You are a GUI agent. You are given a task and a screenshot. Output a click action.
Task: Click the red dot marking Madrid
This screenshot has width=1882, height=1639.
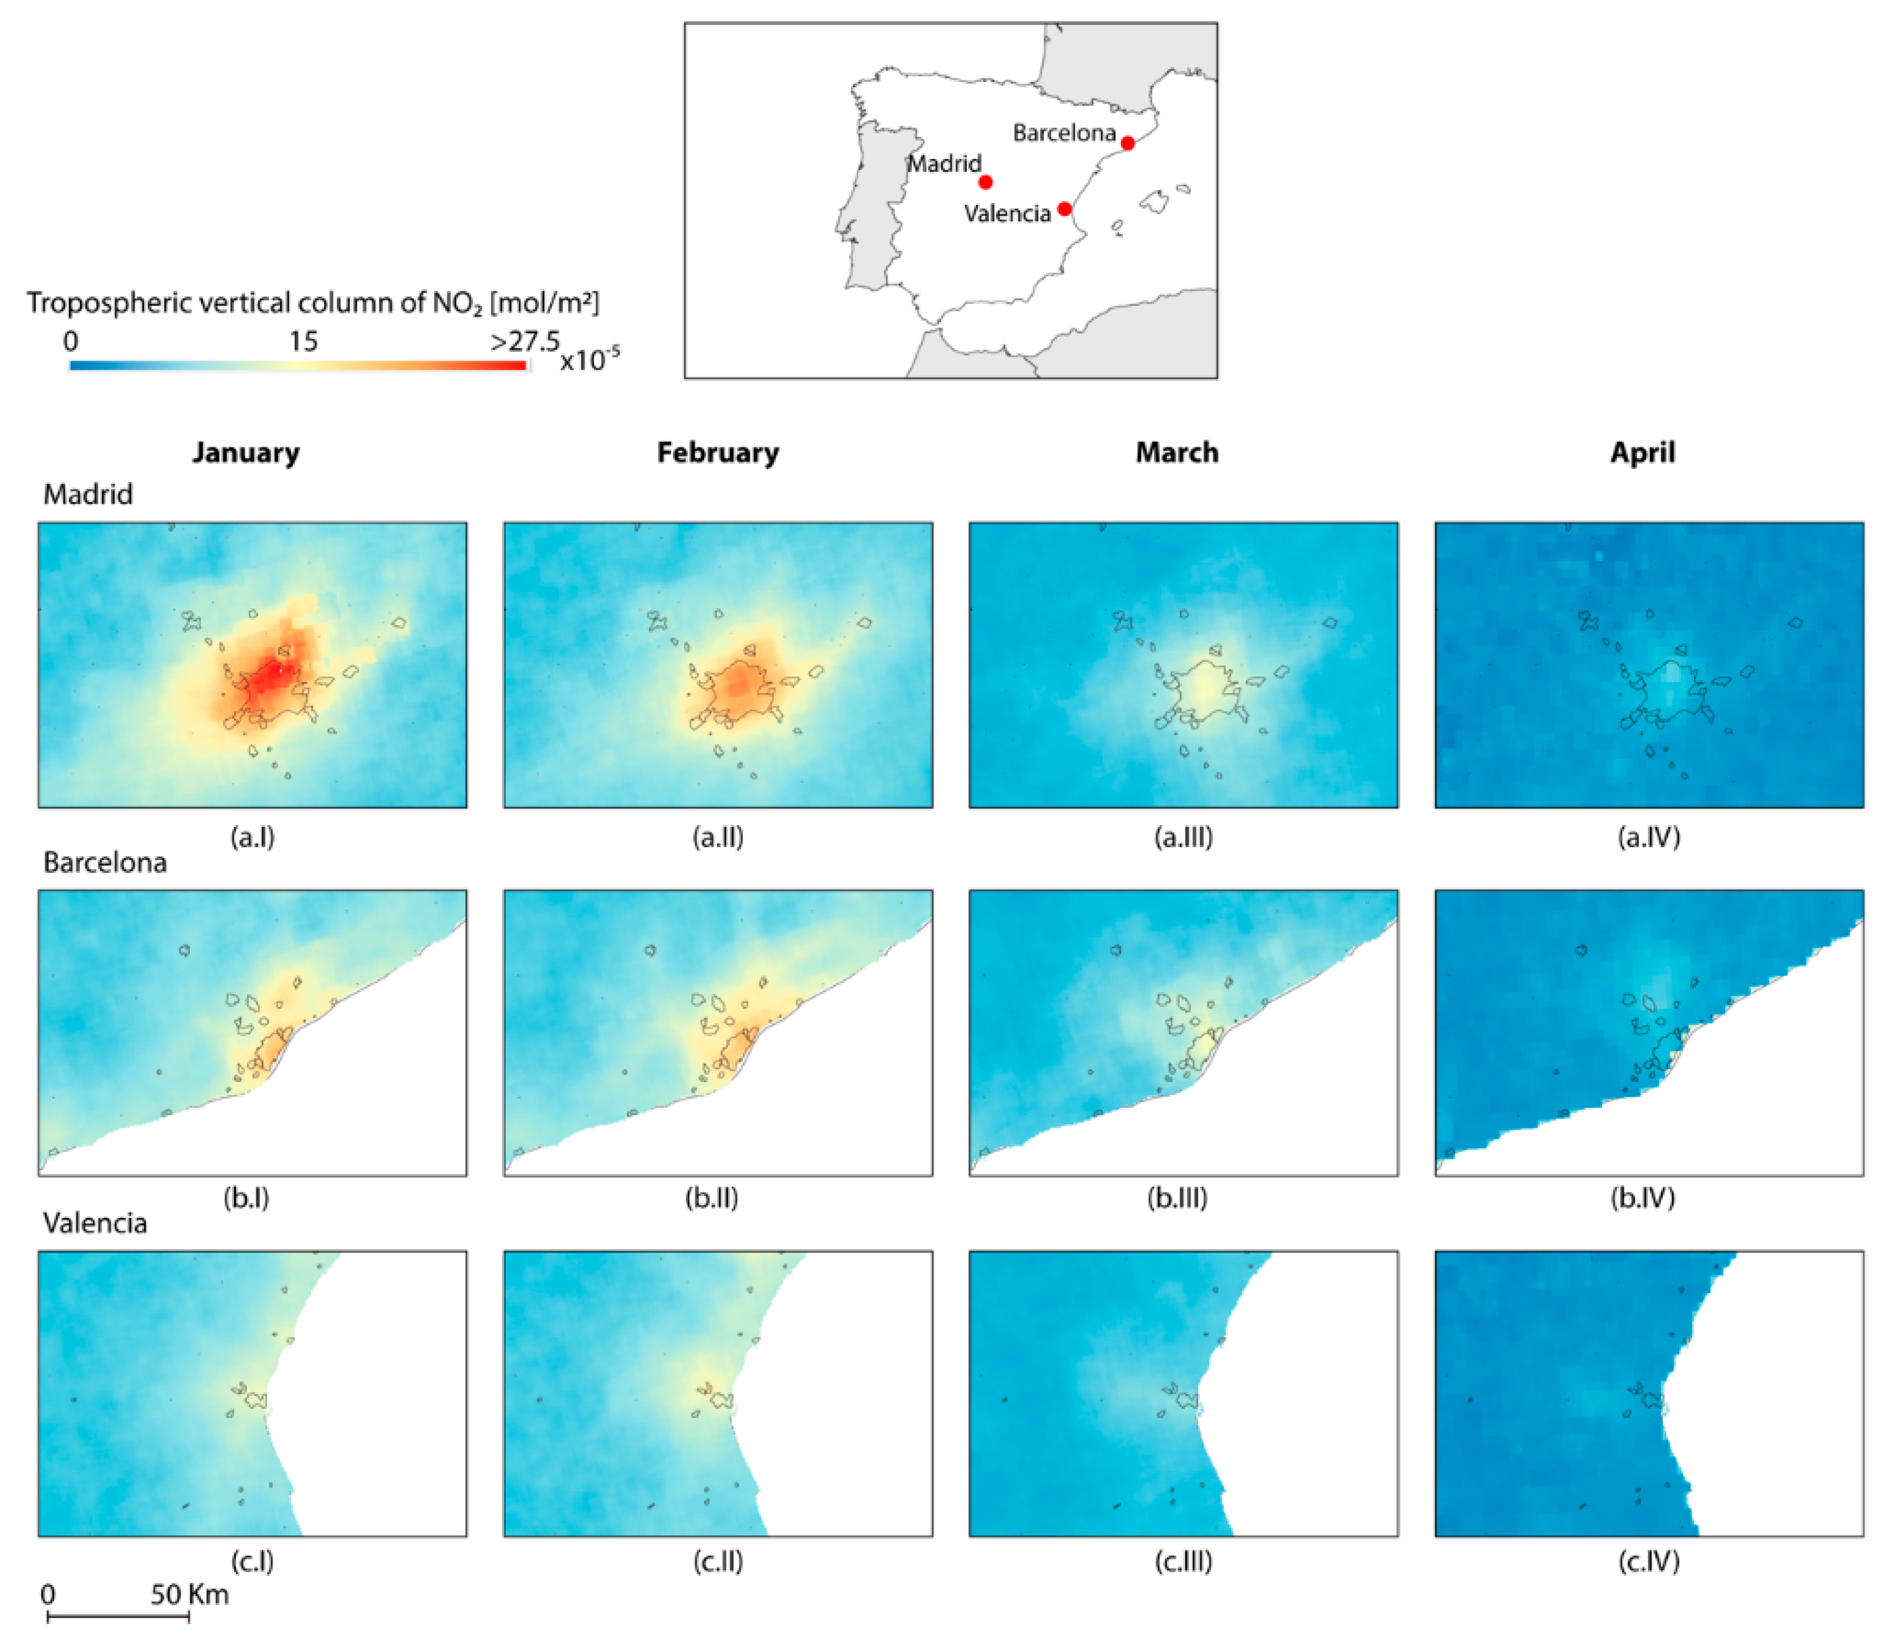tap(985, 182)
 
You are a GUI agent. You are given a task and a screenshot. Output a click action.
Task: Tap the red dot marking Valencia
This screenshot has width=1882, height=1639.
tap(1064, 208)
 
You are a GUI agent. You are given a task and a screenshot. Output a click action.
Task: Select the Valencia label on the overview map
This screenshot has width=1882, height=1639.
tap(1007, 213)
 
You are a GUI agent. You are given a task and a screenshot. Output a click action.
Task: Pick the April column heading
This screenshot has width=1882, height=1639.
tap(1643, 453)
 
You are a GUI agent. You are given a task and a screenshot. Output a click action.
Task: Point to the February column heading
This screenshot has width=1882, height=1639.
tap(718, 453)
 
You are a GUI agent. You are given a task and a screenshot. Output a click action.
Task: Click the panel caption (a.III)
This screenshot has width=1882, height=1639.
tap(1183, 837)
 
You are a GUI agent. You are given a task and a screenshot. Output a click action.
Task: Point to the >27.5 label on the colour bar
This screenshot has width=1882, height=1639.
tap(525, 342)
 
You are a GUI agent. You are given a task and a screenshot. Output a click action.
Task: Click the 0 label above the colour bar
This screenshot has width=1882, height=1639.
tap(70, 342)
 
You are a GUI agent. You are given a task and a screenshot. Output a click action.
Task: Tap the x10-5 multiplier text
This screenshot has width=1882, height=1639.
tap(590, 359)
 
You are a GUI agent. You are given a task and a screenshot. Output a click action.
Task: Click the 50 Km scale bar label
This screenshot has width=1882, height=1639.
tap(189, 1595)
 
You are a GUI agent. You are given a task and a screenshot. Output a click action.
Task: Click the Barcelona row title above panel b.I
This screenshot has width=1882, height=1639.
tap(105, 863)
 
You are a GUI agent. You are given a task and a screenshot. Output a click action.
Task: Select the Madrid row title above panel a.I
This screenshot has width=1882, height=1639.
tap(88, 494)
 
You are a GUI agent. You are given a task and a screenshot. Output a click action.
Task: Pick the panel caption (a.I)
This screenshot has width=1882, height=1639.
tap(252, 837)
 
